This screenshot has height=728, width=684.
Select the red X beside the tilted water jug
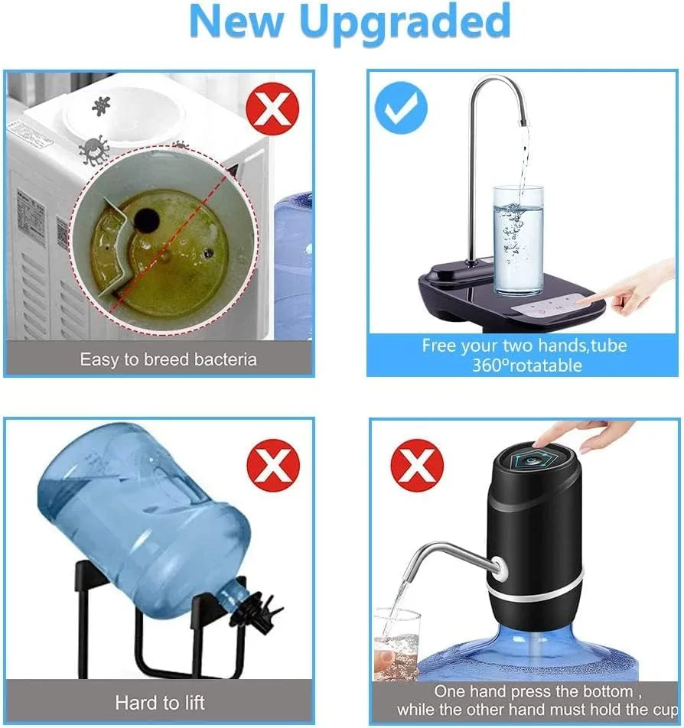272,464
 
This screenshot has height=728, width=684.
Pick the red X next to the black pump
417,465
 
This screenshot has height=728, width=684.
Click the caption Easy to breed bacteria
168,359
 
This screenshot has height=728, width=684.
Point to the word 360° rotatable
526,365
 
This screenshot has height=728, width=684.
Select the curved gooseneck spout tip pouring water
523,119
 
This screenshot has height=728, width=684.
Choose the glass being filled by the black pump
396,642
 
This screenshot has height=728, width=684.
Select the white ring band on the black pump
536,589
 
